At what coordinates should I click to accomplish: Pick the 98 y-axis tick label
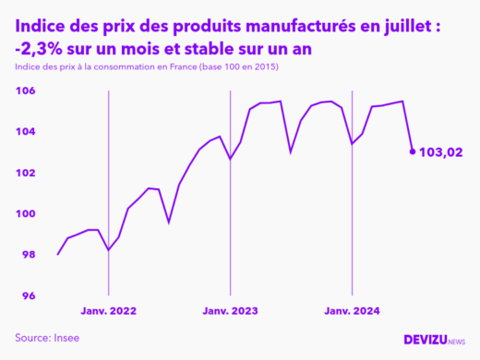coord(27,255)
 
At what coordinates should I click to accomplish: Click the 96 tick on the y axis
coord(27,295)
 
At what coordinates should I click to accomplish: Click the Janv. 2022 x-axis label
coord(109,311)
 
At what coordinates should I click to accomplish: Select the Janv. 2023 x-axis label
coord(230,311)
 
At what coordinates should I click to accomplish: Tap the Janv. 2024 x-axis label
coord(352,311)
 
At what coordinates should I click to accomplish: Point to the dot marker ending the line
coord(412,151)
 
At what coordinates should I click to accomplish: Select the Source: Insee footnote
coord(47,338)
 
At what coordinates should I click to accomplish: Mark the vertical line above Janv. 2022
coord(109,185)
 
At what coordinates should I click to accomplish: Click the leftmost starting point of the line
coord(58,255)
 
